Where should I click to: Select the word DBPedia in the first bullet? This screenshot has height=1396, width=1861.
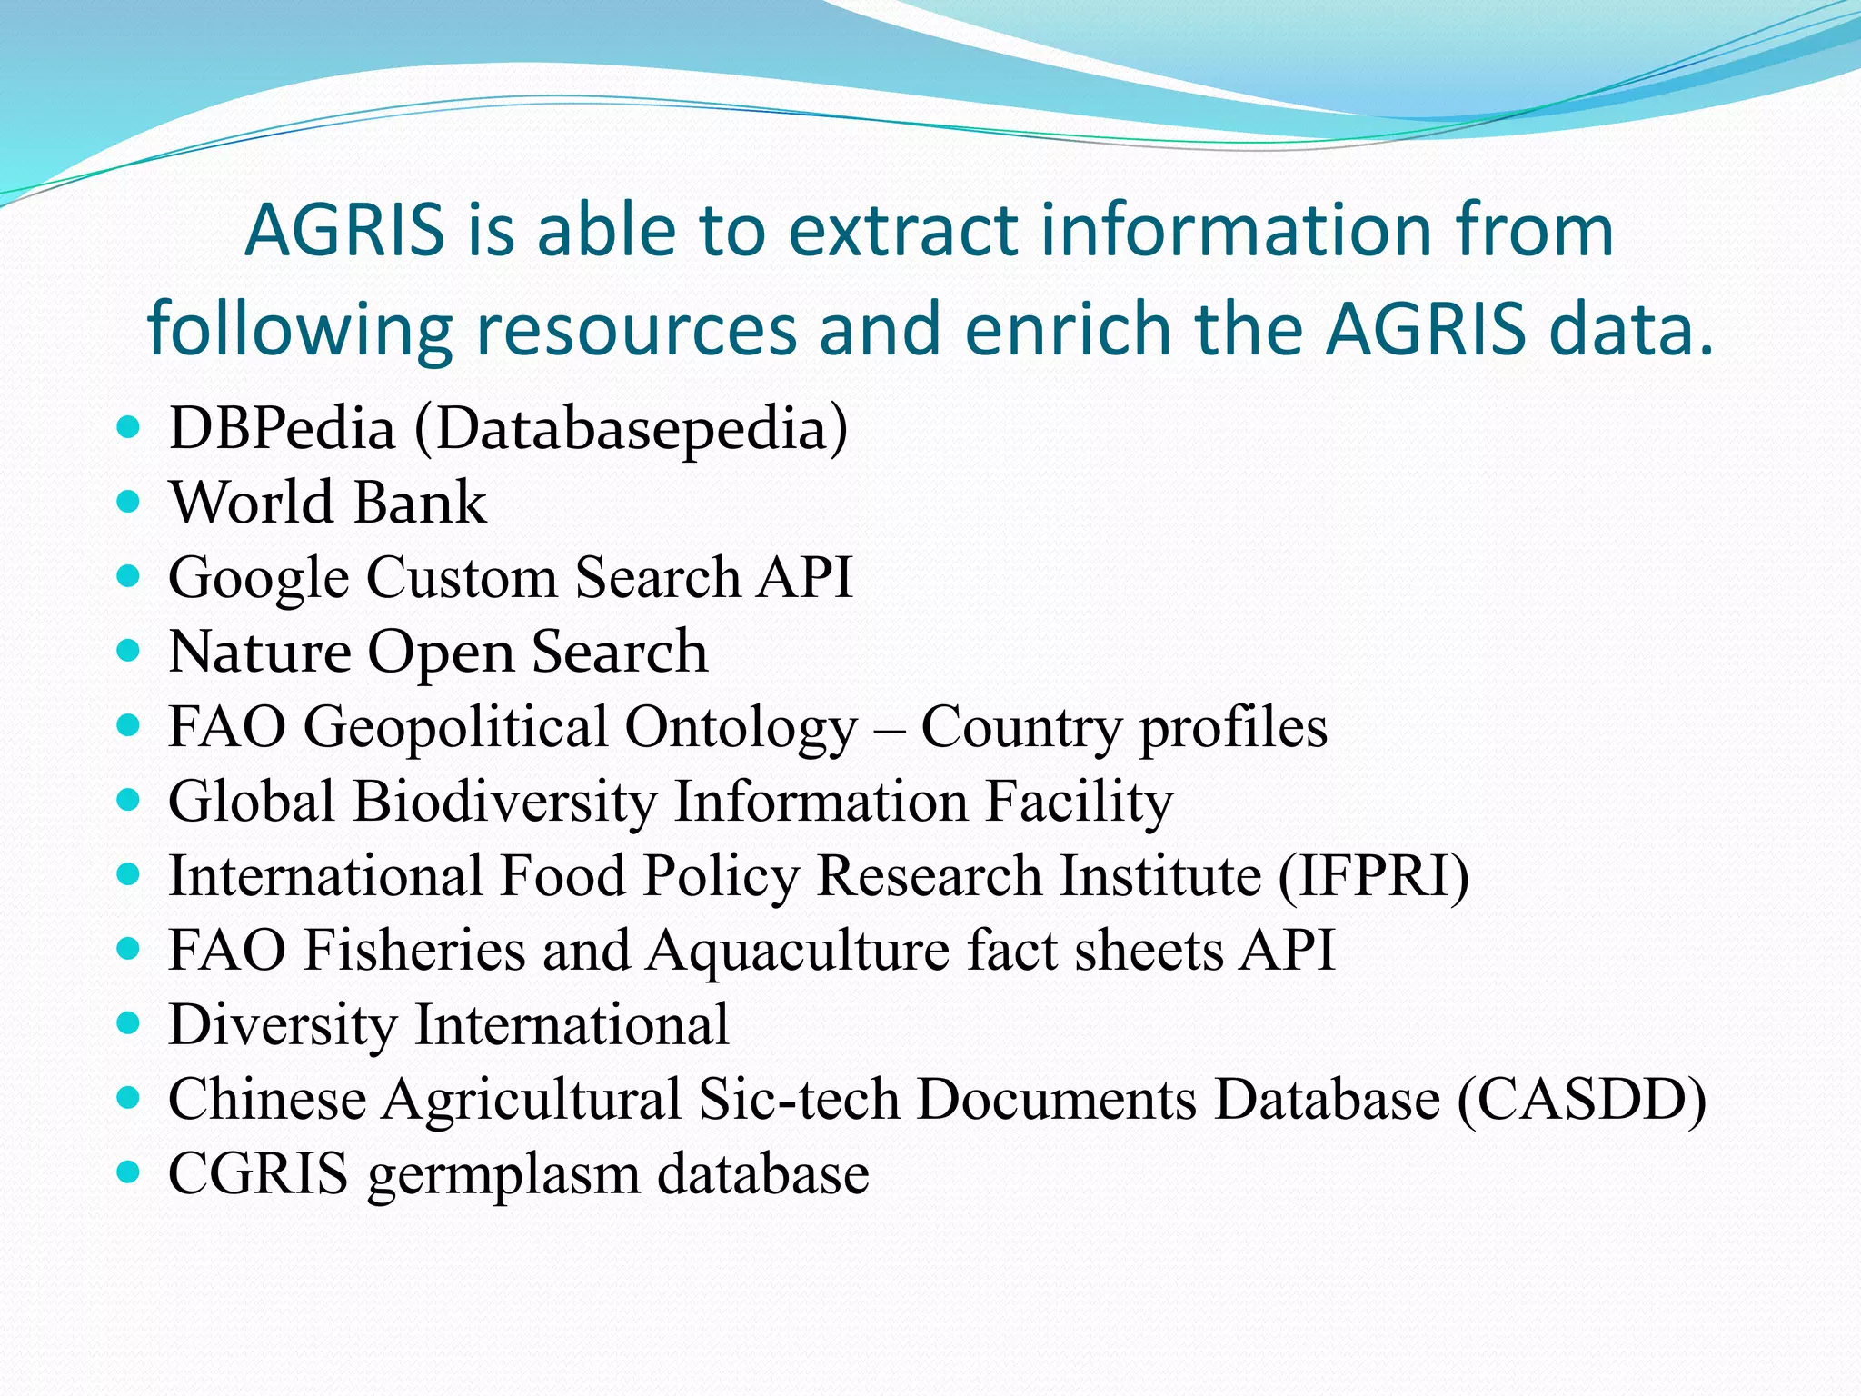point(282,427)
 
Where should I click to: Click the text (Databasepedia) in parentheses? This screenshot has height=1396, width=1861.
point(631,429)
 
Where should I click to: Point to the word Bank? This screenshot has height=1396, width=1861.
point(419,503)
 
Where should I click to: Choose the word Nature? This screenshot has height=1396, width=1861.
point(260,652)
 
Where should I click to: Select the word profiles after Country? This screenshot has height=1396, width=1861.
point(1233,728)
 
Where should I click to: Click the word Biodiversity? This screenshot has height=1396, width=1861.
point(504,803)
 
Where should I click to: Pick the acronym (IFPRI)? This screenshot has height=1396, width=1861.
point(1373,877)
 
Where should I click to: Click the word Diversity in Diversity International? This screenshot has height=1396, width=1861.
point(283,1025)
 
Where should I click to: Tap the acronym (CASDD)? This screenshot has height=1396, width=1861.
point(1582,1100)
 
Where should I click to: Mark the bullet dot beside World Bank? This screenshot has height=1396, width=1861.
point(129,501)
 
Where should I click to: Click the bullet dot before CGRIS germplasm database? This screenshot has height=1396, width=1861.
point(129,1172)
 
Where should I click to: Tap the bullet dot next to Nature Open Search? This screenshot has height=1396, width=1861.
point(129,650)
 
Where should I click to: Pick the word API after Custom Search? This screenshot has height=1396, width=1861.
point(805,577)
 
